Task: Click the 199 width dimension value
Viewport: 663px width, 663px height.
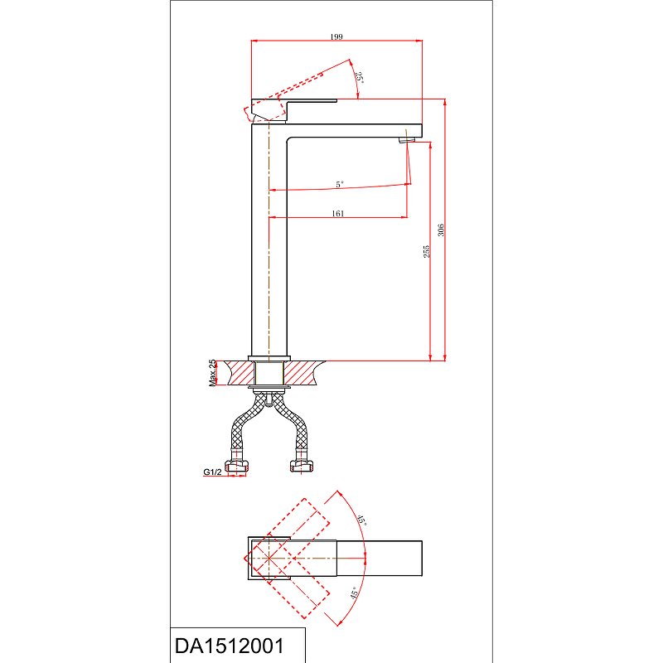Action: (336, 36)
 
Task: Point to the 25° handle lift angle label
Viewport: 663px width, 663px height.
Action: (360, 77)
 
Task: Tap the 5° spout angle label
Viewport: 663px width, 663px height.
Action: (340, 184)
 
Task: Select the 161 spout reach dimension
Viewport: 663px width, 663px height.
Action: (338, 214)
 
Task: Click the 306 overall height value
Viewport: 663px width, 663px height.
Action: (441, 230)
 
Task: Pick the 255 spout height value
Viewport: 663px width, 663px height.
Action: (426, 251)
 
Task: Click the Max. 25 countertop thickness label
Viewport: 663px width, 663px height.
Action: (212, 373)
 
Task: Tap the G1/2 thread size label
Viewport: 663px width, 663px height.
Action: (212, 472)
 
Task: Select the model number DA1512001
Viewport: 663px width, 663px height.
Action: (230, 646)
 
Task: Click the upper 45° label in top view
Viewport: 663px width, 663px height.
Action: (361, 520)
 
